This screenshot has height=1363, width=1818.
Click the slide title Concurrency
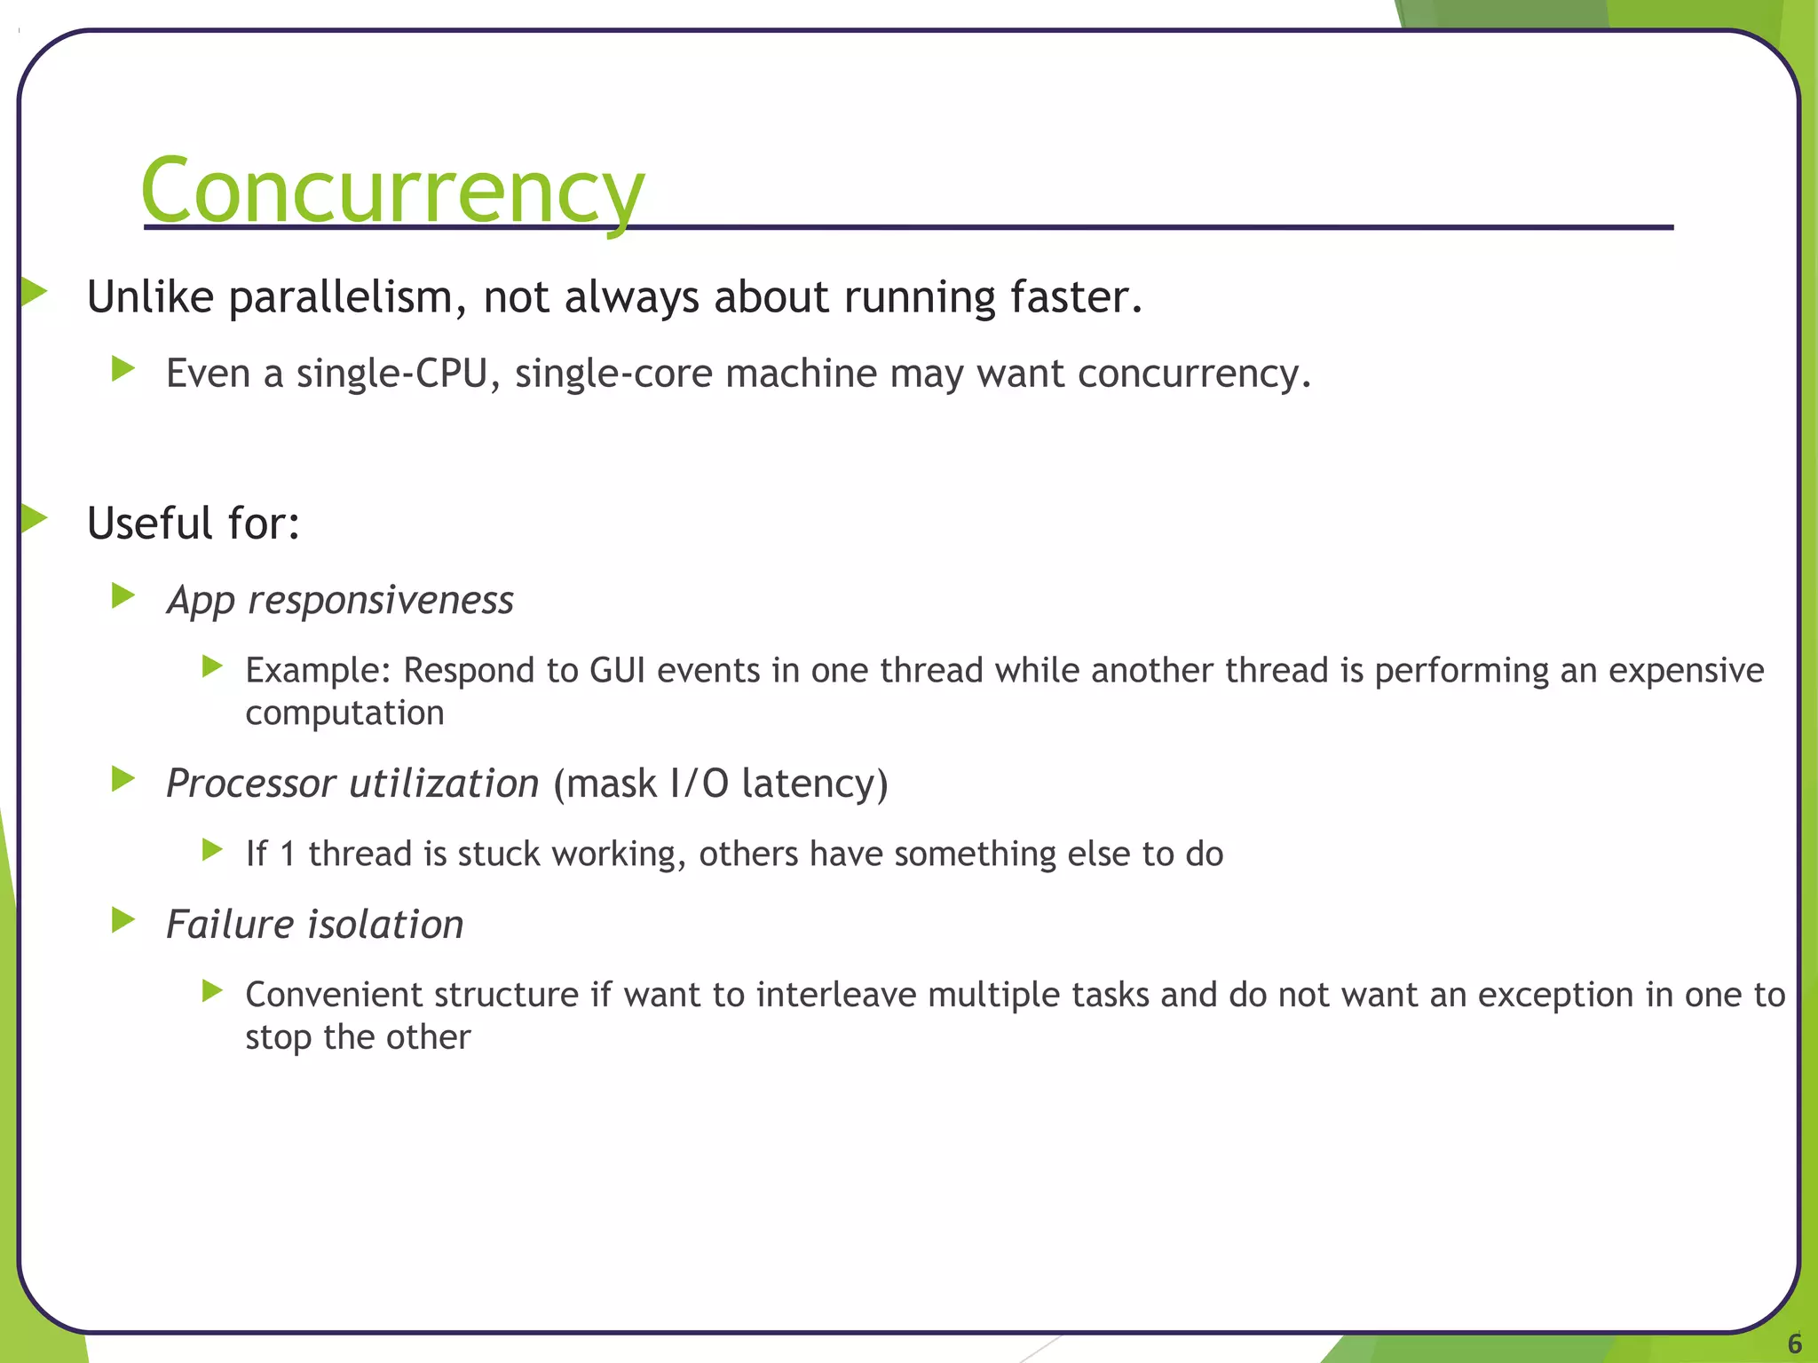[x=392, y=191]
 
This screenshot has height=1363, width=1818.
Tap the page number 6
[x=1794, y=1343]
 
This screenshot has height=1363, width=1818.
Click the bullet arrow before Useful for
[x=34, y=518]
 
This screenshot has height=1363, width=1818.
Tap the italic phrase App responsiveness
[x=340, y=601]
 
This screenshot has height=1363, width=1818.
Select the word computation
[x=344, y=713]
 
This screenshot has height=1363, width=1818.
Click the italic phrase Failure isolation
[x=315, y=925]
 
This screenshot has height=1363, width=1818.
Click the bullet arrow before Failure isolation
[x=123, y=920]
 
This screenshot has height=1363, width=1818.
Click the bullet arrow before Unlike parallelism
[x=34, y=291]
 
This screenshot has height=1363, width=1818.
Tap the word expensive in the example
[x=1686, y=671]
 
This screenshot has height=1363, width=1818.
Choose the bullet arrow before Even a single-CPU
[x=123, y=368]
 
